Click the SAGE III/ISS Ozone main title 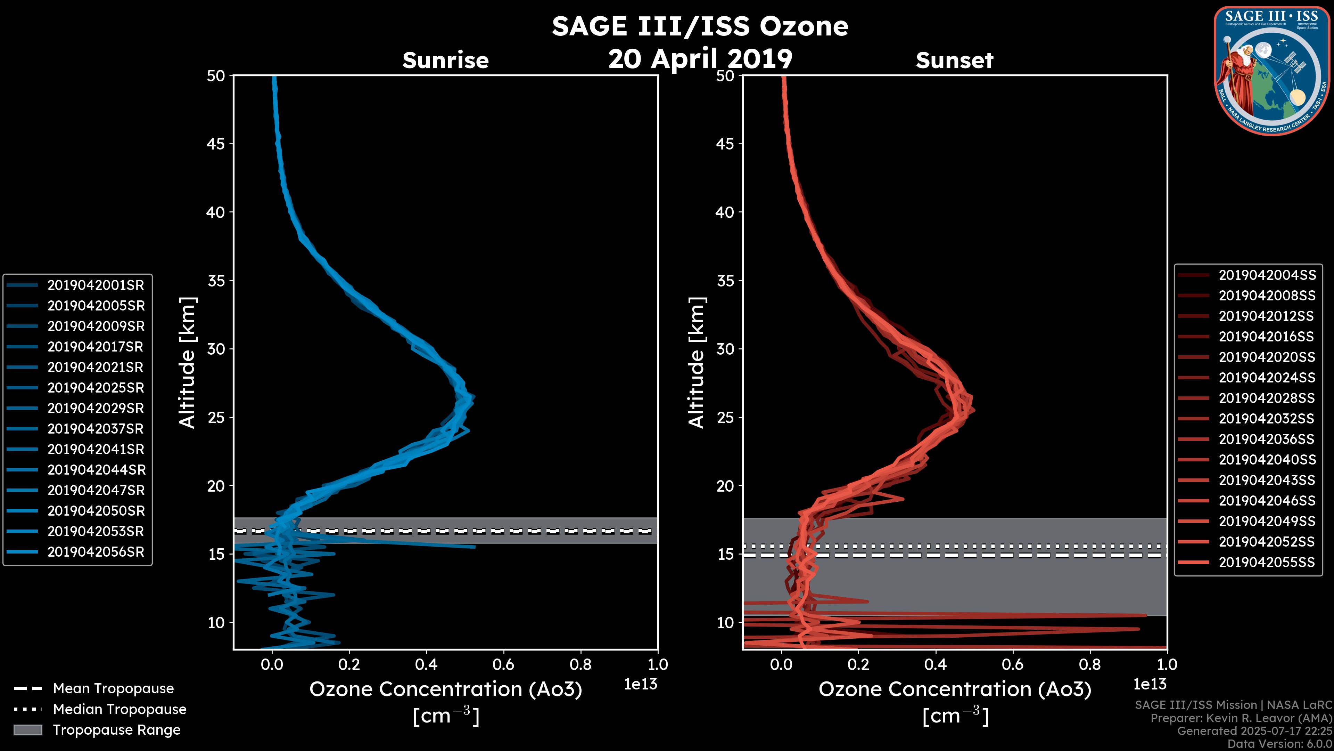pyautogui.click(x=700, y=26)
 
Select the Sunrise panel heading pyautogui.click(x=445, y=60)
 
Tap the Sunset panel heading pyautogui.click(x=954, y=60)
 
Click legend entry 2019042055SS pyautogui.click(x=1267, y=562)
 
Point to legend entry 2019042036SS pyautogui.click(x=1267, y=439)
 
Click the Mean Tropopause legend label pyautogui.click(x=113, y=688)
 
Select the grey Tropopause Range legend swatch pyautogui.click(x=27, y=730)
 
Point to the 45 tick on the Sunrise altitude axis pyautogui.click(x=216, y=144)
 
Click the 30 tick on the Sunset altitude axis pyautogui.click(x=725, y=349)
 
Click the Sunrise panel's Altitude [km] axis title pyautogui.click(x=188, y=363)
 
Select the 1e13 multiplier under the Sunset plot pyautogui.click(x=1150, y=684)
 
